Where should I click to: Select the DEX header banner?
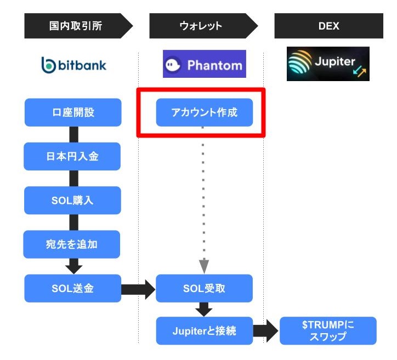point(328,26)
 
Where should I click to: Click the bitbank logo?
point(73,65)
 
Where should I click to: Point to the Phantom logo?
point(205,64)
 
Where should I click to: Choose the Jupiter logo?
point(328,64)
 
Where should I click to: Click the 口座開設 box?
point(73,112)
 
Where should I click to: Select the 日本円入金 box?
point(72,156)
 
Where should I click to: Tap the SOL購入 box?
point(72,201)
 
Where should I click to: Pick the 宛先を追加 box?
point(72,244)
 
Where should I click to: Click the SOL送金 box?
point(73,288)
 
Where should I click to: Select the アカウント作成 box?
point(205,112)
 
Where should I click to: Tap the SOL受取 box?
point(204,288)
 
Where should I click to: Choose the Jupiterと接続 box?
point(205,330)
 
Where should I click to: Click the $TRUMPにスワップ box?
point(328,330)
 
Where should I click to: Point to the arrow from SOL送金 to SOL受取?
point(138,289)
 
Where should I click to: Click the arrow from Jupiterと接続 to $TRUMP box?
point(266,331)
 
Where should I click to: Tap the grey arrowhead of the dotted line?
point(204,266)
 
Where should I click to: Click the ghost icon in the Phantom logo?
point(173,65)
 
